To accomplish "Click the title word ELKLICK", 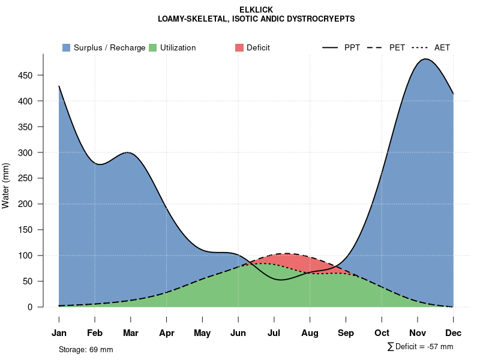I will [256, 10].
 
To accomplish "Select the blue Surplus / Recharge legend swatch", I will [67, 47].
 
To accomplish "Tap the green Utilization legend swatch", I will [153, 47].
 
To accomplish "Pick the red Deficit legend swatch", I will [239, 47].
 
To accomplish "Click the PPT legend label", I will [352, 47].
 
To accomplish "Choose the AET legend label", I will [442, 47].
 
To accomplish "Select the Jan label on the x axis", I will [59, 333].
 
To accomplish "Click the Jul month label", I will [274, 333].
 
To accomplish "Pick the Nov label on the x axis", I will [418, 333].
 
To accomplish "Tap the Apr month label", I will [167, 333].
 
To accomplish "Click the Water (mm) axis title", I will [6, 185].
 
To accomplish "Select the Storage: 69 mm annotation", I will [86, 349].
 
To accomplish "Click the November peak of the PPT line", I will [426, 59].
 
